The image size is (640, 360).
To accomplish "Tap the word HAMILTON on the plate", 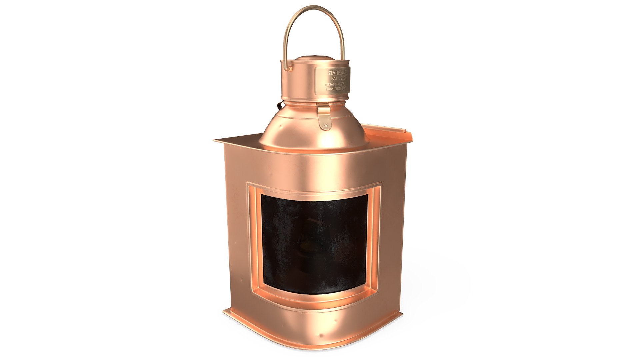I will click(x=335, y=89).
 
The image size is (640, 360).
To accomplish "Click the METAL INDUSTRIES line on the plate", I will click(x=336, y=84).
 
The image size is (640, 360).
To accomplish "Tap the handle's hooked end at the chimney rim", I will click(x=288, y=68).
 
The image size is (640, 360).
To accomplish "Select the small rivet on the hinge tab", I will click(x=326, y=125).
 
